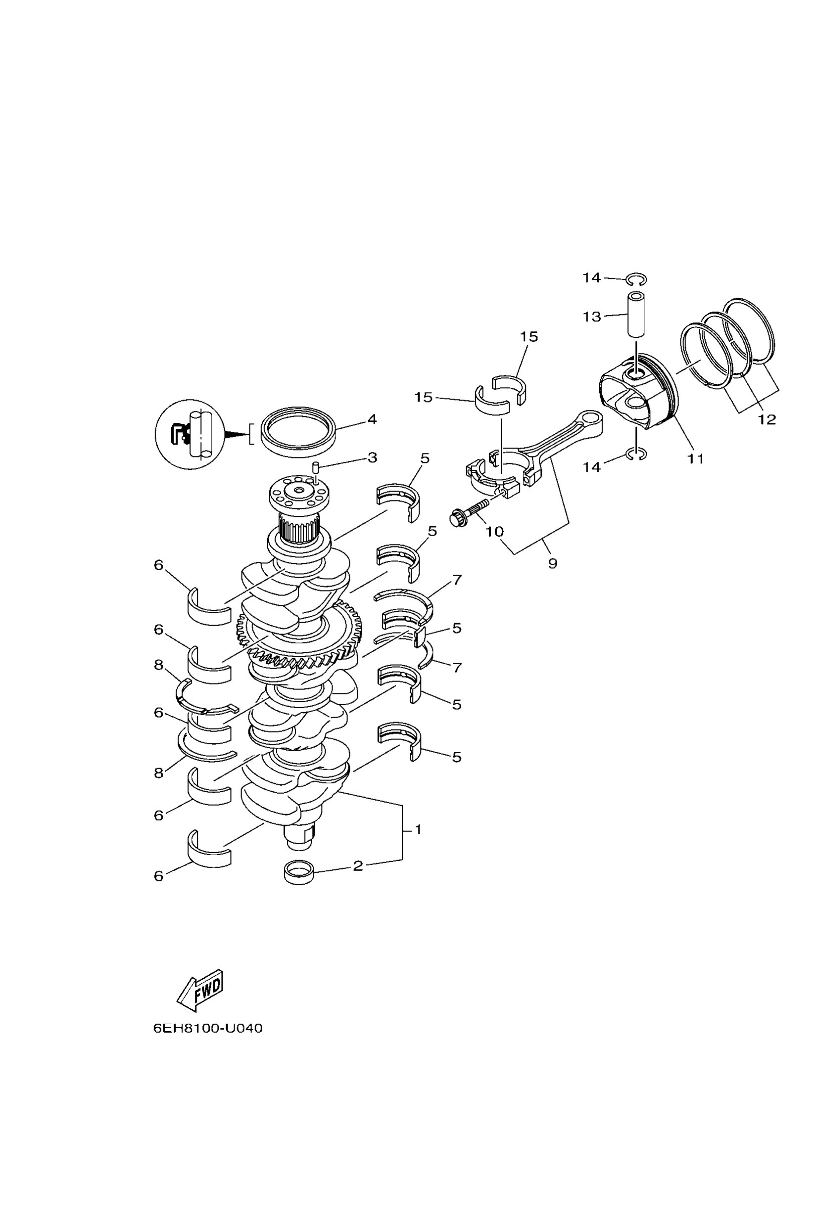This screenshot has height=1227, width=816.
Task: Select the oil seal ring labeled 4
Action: (x=298, y=431)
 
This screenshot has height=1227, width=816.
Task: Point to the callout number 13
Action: (x=592, y=317)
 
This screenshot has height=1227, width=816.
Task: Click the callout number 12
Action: (x=767, y=419)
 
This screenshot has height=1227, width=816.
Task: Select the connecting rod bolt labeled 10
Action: (x=467, y=512)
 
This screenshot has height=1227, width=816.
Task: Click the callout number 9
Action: (x=553, y=563)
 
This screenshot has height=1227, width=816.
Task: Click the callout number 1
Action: (x=417, y=829)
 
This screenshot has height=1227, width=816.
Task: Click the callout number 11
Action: (x=696, y=459)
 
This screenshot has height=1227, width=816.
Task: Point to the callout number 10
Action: (x=494, y=532)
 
